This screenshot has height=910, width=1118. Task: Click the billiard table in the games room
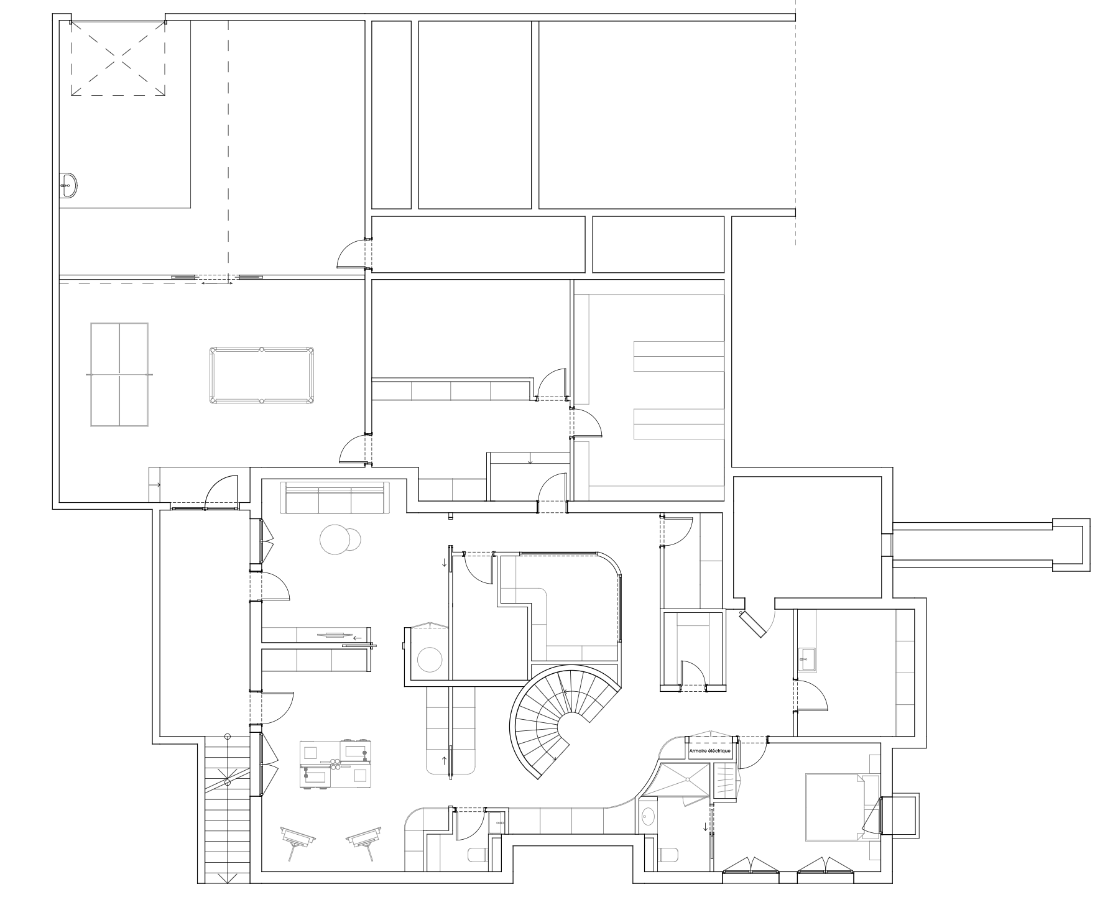click(x=262, y=375)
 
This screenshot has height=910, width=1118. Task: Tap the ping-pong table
click(x=119, y=375)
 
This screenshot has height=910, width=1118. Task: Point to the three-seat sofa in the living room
click(x=336, y=497)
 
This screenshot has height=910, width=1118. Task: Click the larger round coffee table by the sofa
click(x=333, y=540)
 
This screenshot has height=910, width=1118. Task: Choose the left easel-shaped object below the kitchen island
click(x=298, y=840)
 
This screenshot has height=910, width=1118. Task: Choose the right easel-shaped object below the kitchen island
click(x=364, y=840)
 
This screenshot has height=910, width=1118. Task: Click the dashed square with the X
click(x=118, y=58)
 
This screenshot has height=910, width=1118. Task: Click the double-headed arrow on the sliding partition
click(x=217, y=283)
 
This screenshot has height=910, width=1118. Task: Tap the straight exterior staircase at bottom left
click(x=227, y=808)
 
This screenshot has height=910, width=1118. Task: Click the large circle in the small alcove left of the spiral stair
click(x=429, y=660)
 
